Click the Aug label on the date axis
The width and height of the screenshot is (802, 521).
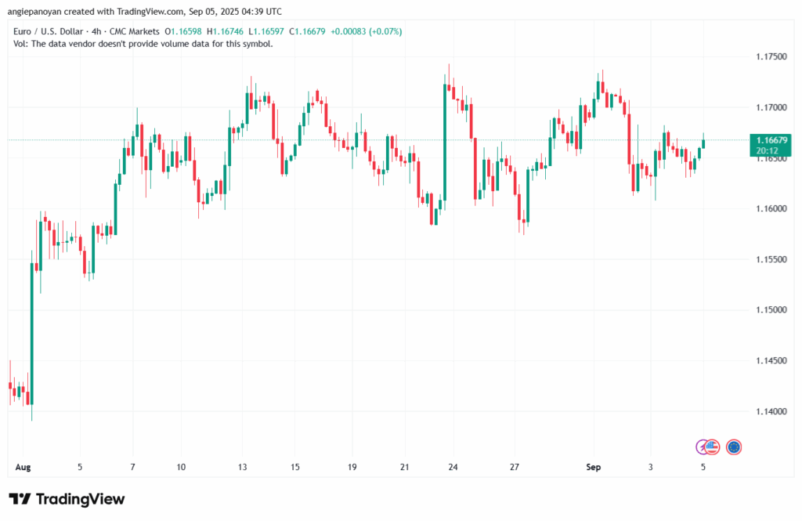tap(23, 467)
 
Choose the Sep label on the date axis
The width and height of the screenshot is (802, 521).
tap(593, 467)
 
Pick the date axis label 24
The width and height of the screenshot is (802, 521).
tap(453, 467)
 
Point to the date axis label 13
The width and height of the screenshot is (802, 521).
tap(243, 467)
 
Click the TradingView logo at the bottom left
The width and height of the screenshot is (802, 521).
tap(67, 499)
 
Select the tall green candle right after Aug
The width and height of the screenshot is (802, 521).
tap(32, 333)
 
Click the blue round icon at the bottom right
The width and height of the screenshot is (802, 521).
tap(734, 447)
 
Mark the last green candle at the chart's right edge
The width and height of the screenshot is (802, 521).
tap(703, 143)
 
